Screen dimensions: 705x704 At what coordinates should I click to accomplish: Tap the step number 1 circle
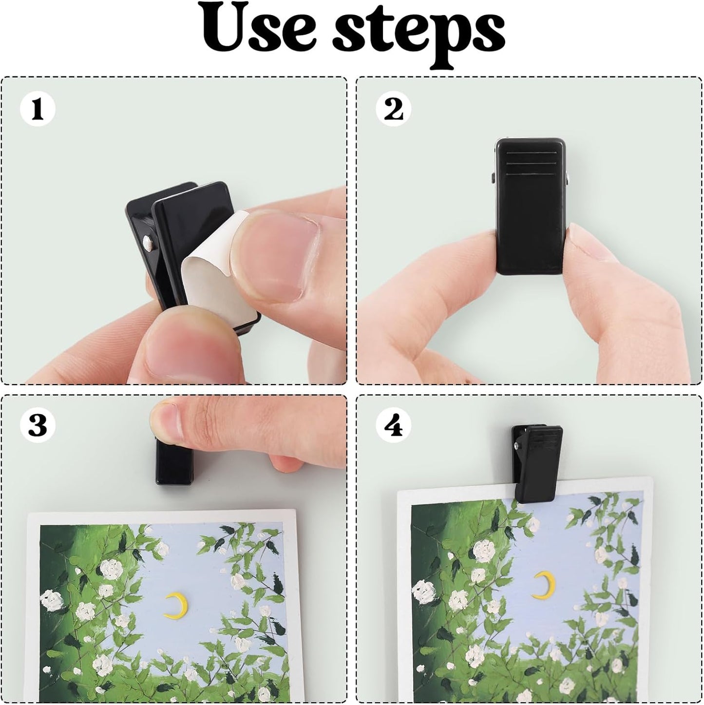tap(38, 111)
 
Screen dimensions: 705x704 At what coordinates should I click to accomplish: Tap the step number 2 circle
tap(393, 111)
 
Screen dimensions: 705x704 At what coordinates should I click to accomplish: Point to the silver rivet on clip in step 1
tap(146, 241)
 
